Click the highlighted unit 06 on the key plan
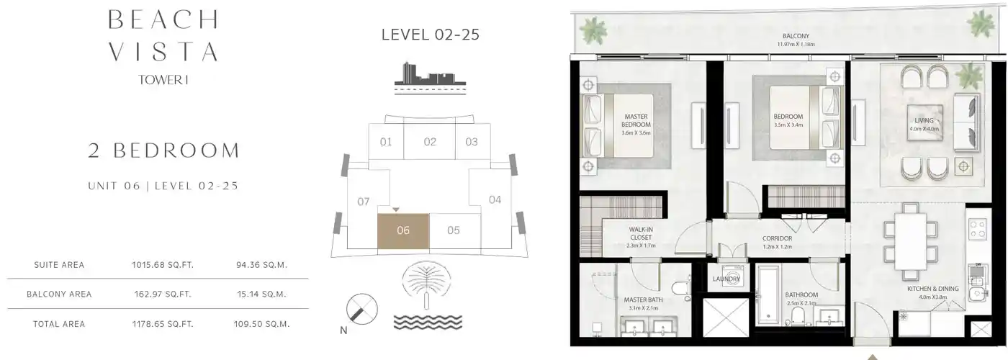pyautogui.click(x=403, y=231)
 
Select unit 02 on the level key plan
pyautogui.click(x=430, y=142)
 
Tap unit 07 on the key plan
pyautogui.click(x=364, y=202)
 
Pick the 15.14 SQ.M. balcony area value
pyautogui.click(x=262, y=294)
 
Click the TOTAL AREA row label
pyautogui.click(x=59, y=325)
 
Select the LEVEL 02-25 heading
pyautogui.click(x=430, y=34)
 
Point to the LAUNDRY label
pyautogui.click(x=726, y=279)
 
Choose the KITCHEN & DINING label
pyautogui.click(x=932, y=289)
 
